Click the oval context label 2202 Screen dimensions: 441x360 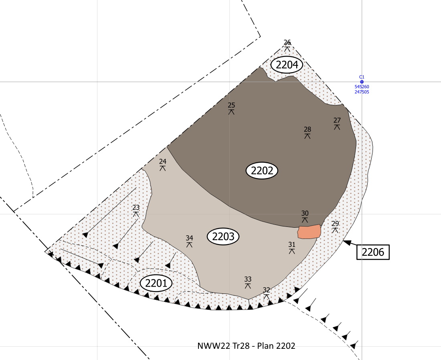tap(262, 171)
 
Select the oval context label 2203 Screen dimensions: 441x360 tap(223, 237)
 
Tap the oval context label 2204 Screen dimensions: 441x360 tap(287, 65)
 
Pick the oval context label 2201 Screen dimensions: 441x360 tap(156, 283)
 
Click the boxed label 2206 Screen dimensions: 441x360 tap(373, 252)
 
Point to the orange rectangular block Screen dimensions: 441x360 tap(310, 232)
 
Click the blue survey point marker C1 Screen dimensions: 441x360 tap(362, 82)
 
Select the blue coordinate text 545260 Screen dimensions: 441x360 tap(362, 87)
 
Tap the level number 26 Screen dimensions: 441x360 tap(287, 42)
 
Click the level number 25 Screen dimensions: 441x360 tap(231, 105)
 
